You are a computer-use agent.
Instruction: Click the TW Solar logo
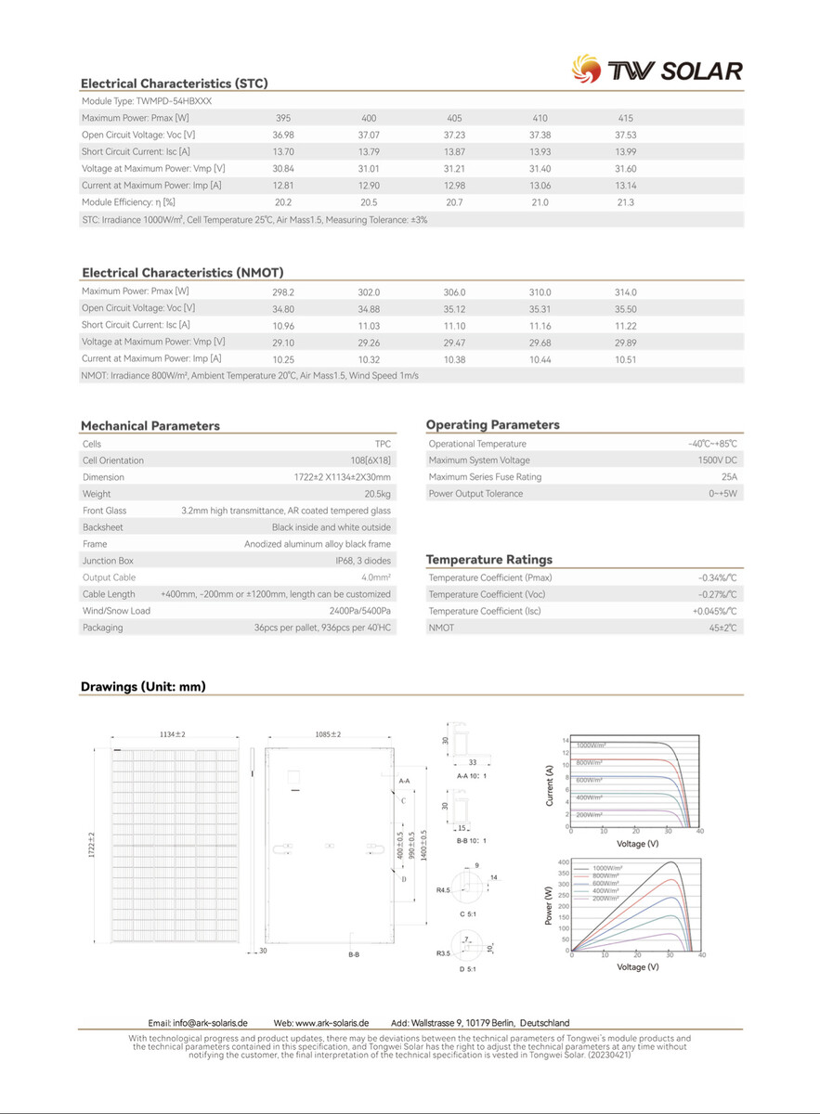coord(657,71)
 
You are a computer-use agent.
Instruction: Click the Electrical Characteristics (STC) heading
coord(174,84)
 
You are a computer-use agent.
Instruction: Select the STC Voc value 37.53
coord(625,135)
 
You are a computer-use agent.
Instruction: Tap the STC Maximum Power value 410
coord(540,118)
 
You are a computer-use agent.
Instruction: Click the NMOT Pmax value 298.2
coord(283,292)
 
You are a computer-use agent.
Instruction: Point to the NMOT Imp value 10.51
coord(625,359)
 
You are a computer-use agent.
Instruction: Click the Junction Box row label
coord(108,561)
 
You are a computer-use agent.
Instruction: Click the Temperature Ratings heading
coord(488,560)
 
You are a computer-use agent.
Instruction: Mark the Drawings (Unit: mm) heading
coord(143,687)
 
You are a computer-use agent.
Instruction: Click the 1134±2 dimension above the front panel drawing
coord(173,734)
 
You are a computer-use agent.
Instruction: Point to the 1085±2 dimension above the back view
coord(328,734)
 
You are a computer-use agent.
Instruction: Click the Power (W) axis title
coord(549,904)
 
